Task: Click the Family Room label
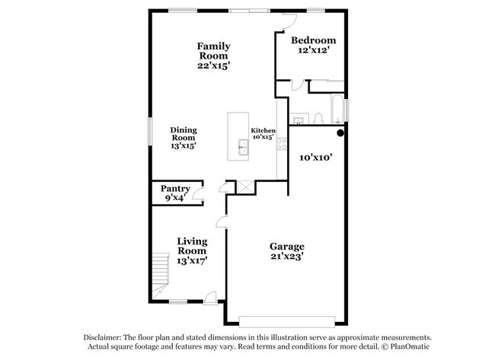point(214,56)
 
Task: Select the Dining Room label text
point(183,138)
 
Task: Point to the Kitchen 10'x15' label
point(263,134)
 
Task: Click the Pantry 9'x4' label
point(174,193)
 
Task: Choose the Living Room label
point(192,250)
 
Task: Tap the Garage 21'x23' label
point(287,251)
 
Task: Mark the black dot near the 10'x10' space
point(341,133)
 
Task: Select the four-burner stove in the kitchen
point(282,145)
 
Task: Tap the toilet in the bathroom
point(319,118)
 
